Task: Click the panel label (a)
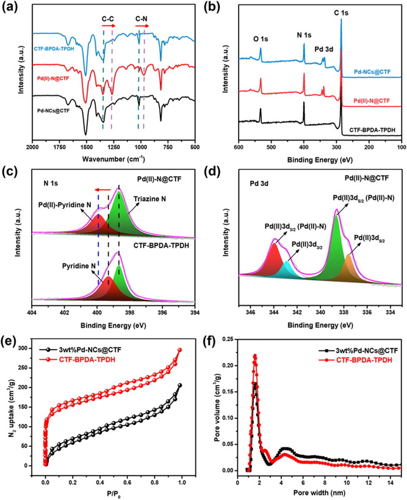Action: coord(14,7)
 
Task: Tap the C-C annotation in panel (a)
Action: coord(107,19)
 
